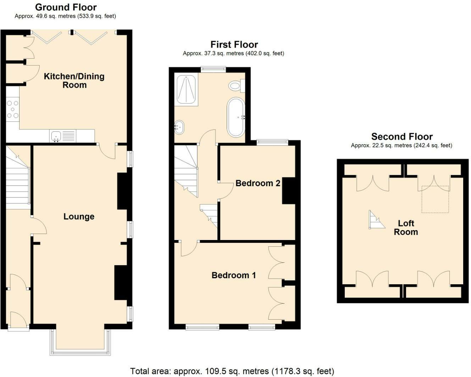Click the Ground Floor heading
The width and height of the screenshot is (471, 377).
66,7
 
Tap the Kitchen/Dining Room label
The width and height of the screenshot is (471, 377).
74,81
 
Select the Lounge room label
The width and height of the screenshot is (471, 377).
79,216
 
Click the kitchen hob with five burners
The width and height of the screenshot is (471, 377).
12,109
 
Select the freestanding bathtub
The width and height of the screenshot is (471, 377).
236,117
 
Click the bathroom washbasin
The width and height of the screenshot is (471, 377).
179,127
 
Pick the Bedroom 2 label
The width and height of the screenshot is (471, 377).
258,183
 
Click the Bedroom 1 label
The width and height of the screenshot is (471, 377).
234,275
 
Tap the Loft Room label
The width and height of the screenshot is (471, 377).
406,228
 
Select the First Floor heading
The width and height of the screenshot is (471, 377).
234,45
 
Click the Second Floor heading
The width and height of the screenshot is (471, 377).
402,137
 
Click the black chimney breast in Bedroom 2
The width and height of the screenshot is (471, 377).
289,191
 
